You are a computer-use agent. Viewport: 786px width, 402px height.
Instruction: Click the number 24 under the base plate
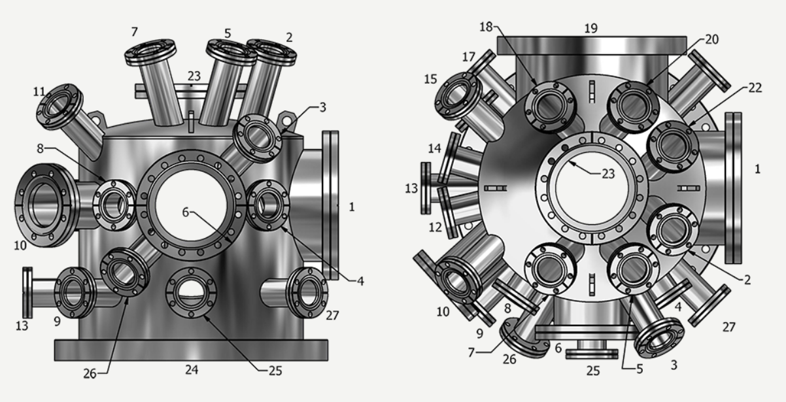(192, 370)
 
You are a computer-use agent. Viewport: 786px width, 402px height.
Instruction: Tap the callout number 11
(39, 92)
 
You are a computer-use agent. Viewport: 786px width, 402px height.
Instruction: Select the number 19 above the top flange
(591, 28)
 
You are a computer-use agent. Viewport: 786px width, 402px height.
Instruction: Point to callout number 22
(755, 88)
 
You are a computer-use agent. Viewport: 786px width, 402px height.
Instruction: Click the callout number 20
(711, 39)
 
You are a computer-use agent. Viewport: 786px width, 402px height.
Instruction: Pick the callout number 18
(487, 27)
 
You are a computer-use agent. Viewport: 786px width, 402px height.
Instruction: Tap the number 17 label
(469, 57)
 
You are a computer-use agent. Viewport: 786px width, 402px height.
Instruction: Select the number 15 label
(430, 79)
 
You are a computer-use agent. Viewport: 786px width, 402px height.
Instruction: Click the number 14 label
(434, 148)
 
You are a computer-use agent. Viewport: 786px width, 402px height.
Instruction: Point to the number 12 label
(436, 227)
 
